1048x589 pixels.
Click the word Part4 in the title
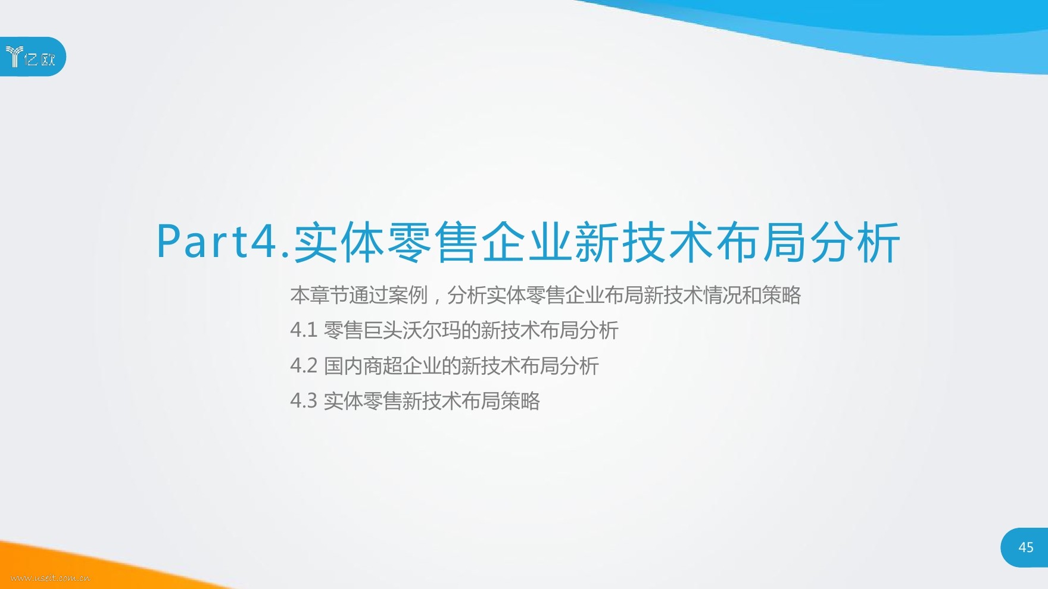217,242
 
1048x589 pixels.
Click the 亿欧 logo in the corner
30,57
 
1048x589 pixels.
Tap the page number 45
1026,547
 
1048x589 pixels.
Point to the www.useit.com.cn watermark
51,577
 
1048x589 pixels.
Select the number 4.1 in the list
304,330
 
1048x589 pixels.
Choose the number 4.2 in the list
304,365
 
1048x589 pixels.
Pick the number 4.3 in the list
304,400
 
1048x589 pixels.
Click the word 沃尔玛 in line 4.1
431,330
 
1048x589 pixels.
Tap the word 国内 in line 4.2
343,365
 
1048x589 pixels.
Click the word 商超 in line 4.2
382,365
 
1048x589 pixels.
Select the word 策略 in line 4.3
520,400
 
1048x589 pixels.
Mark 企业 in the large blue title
527,242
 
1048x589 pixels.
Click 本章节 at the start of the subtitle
319,295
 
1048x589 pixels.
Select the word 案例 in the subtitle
408,295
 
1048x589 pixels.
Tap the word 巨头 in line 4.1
382,330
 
